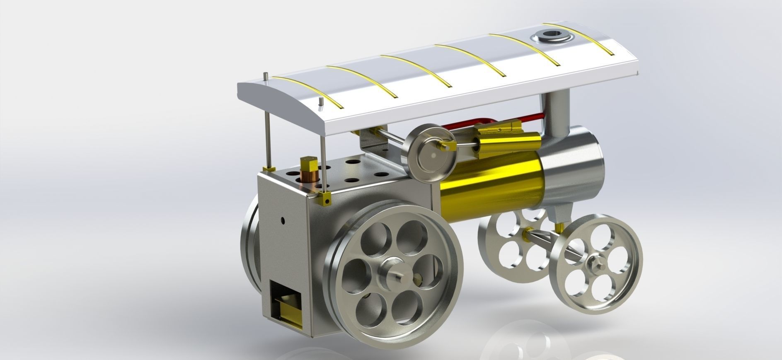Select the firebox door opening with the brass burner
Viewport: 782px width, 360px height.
tap(286, 305)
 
